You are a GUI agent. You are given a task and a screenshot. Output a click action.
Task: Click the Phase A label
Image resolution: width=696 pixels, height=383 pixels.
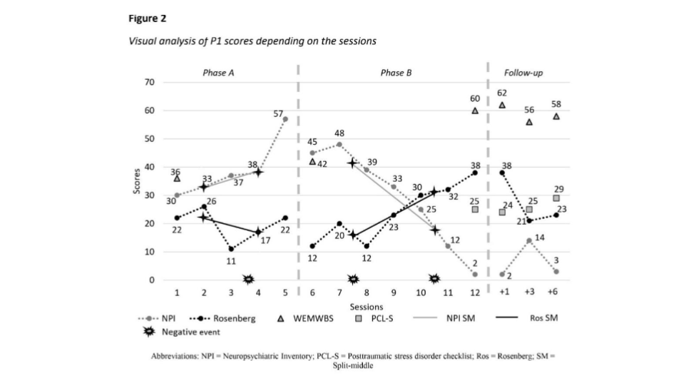click(x=219, y=73)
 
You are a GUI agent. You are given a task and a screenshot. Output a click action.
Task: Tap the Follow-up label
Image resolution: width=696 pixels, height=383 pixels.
click(x=523, y=73)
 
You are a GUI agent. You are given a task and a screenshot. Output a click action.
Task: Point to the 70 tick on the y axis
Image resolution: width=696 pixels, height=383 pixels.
click(x=150, y=83)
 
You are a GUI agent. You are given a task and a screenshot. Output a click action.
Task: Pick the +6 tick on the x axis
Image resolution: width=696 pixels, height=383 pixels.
click(x=553, y=292)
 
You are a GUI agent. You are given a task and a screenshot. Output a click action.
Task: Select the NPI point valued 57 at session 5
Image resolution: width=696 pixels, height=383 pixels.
click(x=285, y=119)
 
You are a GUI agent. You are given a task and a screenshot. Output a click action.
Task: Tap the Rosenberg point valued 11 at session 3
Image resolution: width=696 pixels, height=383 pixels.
click(x=231, y=249)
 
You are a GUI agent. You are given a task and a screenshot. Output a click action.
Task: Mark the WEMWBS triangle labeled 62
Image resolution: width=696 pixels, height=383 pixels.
click(x=502, y=105)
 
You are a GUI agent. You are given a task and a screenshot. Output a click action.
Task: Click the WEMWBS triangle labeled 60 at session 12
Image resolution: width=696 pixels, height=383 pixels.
click(x=475, y=111)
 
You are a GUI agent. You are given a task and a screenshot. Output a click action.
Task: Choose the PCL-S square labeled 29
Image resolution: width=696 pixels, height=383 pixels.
click(x=556, y=198)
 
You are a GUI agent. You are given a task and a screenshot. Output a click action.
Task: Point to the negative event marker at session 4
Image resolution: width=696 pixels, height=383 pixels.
click(x=249, y=279)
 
